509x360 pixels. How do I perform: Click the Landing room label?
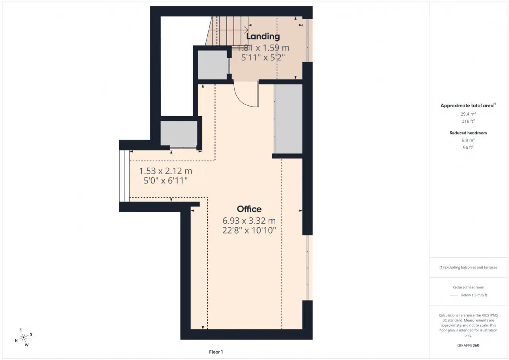pyautogui.click(x=263, y=36)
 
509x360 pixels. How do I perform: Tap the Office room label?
pyautogui.click(x=249, y=209)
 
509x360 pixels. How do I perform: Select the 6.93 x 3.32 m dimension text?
pyautogui.click(x=249, y=220)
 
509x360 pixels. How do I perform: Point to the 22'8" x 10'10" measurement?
pyautogui.click(x=249, y=230)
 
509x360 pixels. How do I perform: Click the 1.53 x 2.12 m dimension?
pyautogui.click(x=165, y=171)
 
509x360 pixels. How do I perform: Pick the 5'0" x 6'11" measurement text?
pyautogui.click(x=165, y=181)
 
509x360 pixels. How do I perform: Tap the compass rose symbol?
pyautogui.click(x=23, y=337)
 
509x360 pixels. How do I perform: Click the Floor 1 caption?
pyautogui.click(x=216, y=352)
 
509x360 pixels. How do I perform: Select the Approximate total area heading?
pyautogui.click(x=468, y=105)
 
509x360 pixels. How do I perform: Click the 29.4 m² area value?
pyautogui.click(x=468, y=114)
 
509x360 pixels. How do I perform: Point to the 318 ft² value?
pyautogui.click(x=468, y=121)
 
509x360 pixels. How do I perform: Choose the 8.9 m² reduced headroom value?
pyautogui.click(x=468, y=140)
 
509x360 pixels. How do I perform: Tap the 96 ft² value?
pyautogui.click(x=468, y=147)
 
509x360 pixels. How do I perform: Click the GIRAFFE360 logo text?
pyautogui.click(x=468, y=345)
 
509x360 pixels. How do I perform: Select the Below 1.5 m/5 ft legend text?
pyautogui.click(x=474, y=295)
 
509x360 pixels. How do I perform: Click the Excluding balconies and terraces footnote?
pyautogui.click(x=468, y=267)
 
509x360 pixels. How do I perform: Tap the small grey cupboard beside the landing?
pyautogui.click(x=213, y=65)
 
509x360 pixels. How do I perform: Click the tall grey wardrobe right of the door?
pyautogui.click(x=288, y=119)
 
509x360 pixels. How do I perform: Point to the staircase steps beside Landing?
pyautogui.click(x=227, y=31)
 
